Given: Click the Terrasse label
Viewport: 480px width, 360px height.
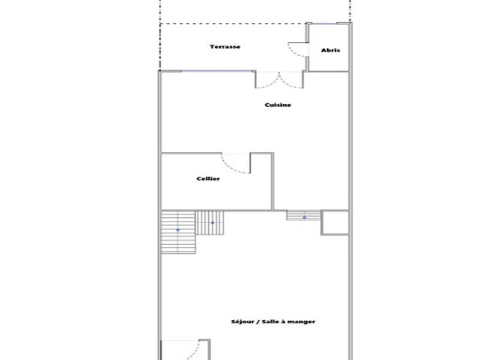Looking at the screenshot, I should tap(225, 47).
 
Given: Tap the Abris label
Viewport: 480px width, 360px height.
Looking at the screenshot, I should tap(330, 50).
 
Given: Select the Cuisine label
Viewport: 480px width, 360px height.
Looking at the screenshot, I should tap(278, 105).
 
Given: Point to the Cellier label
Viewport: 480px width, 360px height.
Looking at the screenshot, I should tap(208, 179).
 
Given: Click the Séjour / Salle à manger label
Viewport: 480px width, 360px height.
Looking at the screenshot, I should tap(273, 322).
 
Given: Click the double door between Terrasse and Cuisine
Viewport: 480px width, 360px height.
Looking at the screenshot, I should tap(279, 79).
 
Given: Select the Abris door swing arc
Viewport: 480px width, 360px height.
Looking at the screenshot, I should tap(296, 50).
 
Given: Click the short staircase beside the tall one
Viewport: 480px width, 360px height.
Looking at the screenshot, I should tap(210, 223).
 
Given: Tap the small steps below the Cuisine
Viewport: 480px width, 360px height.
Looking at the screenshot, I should tap(304, 215).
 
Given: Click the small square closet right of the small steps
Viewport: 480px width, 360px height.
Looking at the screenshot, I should tap(335, 222).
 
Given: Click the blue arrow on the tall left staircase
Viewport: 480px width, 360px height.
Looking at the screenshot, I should tap(178, 230).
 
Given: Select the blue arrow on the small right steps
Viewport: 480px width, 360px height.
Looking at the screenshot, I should tap(304, 217).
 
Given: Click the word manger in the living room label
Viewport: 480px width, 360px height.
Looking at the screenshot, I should tap(303, 322).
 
